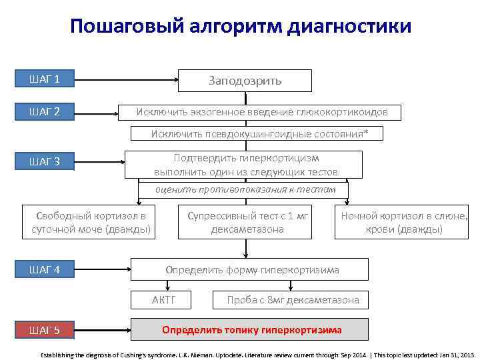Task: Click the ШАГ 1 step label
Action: pyautogui.click(x=45, y=79)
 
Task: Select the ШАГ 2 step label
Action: pyautogui.click(x=45, y=111)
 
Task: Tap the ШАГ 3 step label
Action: pyautogui.click(x=45, y=161)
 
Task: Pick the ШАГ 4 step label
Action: pyautogui.click(x=45, y=269)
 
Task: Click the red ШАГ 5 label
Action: pyautogui.click(x=45, y=330)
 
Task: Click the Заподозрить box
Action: pyautogui.click(x=245, y=80)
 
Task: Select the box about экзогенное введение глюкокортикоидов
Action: pyautogui.click(x=261, y=111)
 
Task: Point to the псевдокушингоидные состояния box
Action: pyautogui.click(x=259, y=133)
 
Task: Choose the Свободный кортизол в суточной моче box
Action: pyautogui.click(x=91, y=223)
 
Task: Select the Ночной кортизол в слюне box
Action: pyautogui.click(x=404, y=223)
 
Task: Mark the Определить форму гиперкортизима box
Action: pyautogui.click(x=251, y=269)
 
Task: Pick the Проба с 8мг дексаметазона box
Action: pyautogui.click(x=292, y=300)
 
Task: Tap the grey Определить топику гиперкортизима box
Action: pyautogui.click(x=251, y=329)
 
